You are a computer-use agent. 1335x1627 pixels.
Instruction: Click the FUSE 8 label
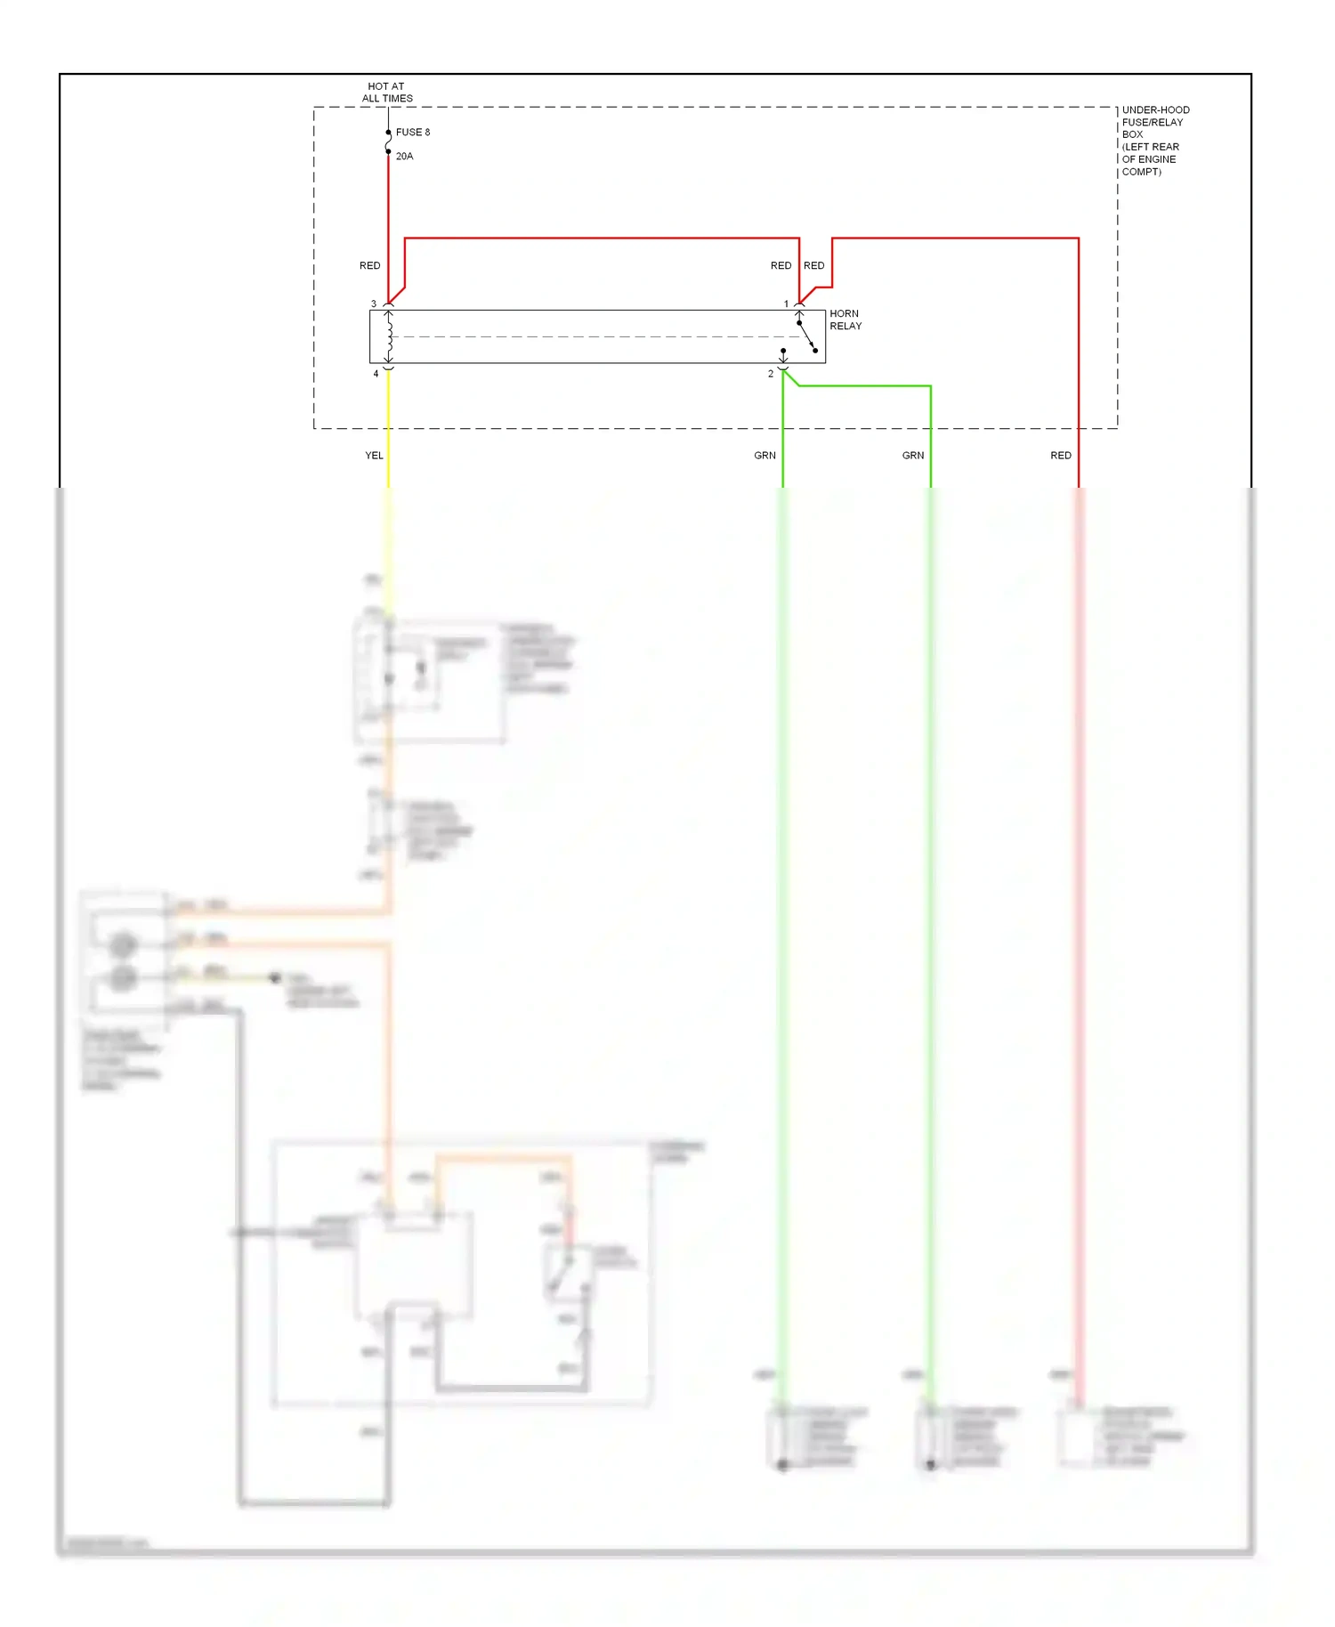[412, 132]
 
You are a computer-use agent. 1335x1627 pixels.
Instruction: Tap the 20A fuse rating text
[404, 156]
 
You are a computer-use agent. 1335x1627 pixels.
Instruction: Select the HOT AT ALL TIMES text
[387, 93]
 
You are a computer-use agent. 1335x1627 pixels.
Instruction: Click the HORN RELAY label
[845, 320]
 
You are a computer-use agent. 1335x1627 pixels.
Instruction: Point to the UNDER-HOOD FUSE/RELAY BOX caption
[1154, 141]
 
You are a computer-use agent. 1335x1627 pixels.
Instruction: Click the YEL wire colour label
[374, 455]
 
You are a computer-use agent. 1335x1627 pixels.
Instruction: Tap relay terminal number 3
[374, 304]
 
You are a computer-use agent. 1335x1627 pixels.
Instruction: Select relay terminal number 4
[376, 374]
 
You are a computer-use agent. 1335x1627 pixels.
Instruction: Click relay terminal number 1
[786, 304]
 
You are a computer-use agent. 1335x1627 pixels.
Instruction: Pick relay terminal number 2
[771, 374]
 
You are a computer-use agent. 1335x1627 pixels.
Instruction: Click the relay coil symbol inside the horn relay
[389, 336]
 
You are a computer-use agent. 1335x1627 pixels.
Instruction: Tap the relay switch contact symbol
[806, 336]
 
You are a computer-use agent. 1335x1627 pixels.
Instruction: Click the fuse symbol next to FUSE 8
[388, 142]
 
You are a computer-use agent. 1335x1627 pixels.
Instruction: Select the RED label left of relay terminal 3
[369, 265]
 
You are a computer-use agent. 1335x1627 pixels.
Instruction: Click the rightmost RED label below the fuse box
[1061, 455]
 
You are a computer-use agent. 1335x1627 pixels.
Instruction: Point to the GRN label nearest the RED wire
[913, 455]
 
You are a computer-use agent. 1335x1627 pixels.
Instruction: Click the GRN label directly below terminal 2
[765, 455]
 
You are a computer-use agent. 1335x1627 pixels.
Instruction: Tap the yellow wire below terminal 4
[388, 427]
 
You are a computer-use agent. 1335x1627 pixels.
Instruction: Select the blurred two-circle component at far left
[123, 961]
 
